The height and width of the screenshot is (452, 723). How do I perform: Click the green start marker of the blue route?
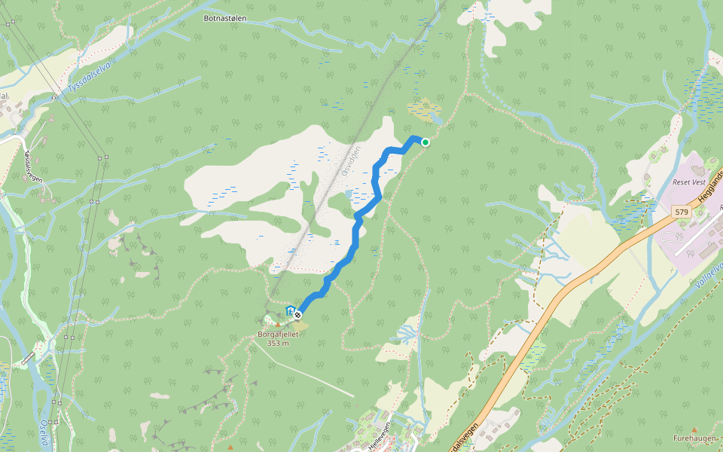426,142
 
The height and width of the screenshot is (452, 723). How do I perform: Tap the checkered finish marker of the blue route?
299,314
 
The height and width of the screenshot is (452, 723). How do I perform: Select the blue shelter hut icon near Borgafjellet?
290,310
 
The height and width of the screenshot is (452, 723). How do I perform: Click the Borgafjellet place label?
278,334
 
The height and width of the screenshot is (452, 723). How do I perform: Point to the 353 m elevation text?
278,344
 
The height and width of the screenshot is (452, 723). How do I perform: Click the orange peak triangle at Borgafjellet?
277,324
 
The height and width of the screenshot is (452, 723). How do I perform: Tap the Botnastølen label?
224,17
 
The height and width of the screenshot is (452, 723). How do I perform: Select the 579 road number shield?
682,212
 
